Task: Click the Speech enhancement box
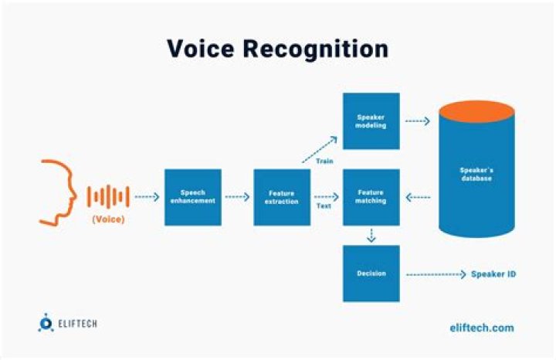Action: point(193,197)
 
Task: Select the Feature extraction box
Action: point(282,197)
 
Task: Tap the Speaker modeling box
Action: point(371,121)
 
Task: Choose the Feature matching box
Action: point(371,197)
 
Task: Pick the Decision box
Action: point(371,273)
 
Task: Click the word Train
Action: point(324,161)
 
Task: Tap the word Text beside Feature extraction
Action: point(324,206)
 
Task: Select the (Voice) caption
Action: point(108,219)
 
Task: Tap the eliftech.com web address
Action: point(480,328)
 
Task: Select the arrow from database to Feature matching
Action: point(418,197)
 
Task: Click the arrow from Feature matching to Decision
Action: point(371,236)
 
